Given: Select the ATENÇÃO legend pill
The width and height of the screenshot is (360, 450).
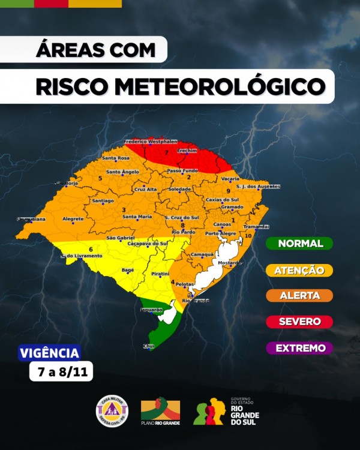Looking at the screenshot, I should click(299, 271).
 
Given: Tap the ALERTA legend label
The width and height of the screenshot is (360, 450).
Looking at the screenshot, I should click(299, 295).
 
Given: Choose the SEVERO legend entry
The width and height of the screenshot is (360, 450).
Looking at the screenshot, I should click(299, 322).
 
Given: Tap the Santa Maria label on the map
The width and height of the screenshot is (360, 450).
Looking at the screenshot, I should click(137, 216).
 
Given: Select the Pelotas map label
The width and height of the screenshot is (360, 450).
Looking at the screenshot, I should click(185, 283).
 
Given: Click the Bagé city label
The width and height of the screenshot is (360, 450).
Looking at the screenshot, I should click(128, 271).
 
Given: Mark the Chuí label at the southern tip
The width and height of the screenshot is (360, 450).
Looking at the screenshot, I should click(149, 346).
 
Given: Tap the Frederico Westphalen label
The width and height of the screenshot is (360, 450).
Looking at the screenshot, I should click(151, 142).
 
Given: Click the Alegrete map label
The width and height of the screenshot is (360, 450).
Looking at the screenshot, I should click(73, 218).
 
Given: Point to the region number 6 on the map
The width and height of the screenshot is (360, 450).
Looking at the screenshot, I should click(91, 249).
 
